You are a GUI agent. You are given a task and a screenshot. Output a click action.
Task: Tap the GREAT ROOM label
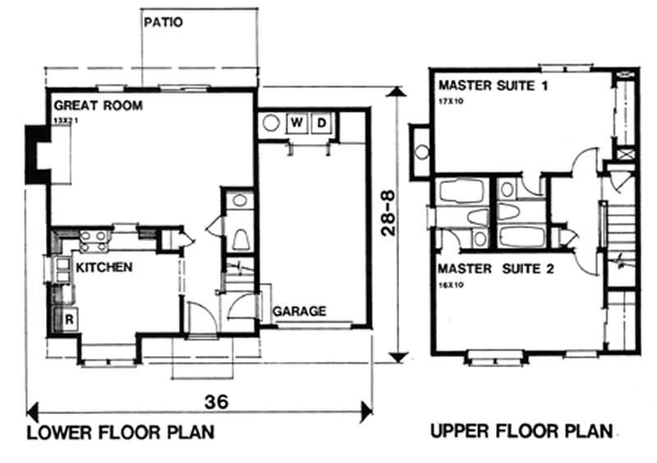98,106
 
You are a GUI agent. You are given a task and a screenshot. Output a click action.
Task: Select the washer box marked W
296,124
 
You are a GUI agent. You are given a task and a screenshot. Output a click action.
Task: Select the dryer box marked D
322,124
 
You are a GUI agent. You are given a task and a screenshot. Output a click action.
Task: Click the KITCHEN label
104,268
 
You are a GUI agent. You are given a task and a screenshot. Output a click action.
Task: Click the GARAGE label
299,312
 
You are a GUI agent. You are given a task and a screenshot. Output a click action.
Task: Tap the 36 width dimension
216,401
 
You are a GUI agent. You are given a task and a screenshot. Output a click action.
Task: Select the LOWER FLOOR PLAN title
121,433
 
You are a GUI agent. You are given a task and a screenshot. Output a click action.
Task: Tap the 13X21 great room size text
64,120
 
